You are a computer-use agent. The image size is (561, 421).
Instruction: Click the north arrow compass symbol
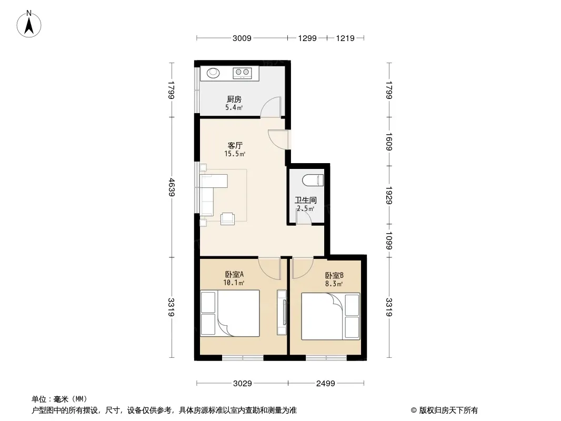tap(29, 24)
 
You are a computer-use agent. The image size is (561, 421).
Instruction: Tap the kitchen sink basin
tap(214, 73)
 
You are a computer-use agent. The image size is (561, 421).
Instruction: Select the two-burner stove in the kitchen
tap(242, 73)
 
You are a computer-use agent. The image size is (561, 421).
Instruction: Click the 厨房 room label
tap(234, 99)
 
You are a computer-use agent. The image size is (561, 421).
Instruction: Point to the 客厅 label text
tap(235, 146)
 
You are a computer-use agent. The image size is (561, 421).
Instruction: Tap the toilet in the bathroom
tap(313, 180)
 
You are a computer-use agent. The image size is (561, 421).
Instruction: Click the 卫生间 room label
tap(306, 201)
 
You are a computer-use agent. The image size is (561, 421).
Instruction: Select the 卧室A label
tap(234, 274)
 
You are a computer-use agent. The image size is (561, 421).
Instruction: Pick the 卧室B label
tap(334, 275)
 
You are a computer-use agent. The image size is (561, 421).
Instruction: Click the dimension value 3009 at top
tap(242, 38)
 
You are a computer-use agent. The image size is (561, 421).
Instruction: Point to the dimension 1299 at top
tap(307, 38)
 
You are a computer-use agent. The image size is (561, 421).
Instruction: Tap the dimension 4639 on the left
tap(172, 187)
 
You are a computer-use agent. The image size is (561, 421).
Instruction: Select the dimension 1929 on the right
tap(389, 195)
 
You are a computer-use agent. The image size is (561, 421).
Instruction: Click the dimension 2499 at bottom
tap(326, 384)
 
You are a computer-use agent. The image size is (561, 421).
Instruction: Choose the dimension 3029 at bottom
tap(243, 384)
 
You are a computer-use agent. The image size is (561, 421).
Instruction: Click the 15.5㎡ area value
tap(235, 154)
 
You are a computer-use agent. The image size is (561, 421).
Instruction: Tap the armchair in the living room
tap(227, 218)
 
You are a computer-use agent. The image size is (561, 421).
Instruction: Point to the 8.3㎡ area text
tap(334, 284)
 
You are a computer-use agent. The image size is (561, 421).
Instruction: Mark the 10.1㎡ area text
tap(234, 283)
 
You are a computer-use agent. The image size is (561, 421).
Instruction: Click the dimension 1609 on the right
tap(389, 142)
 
